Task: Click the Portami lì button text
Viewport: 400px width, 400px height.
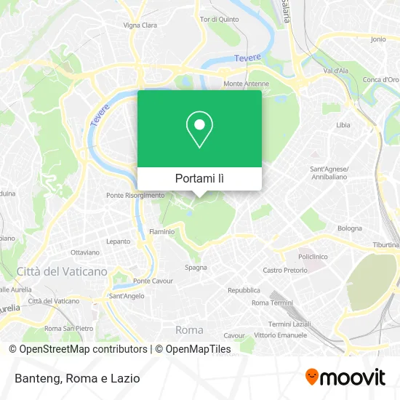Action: pos(199,178)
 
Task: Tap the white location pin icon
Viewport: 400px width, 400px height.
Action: pos(199,129)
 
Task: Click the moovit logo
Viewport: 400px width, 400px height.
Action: pos(345,377)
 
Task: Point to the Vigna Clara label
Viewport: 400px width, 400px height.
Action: pos(140,25)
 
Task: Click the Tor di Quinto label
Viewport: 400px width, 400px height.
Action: pos(218,18)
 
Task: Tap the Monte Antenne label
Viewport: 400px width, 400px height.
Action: pos(246,84)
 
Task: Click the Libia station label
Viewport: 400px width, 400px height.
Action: pos(343,125)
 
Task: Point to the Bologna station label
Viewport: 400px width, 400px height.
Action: pos(349,228)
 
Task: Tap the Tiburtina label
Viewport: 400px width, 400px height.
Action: pos(385,244)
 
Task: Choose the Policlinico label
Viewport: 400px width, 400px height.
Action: pos(313,257)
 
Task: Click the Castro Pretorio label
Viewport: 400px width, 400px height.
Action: pos(284,271)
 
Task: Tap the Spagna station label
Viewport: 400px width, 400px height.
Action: pos(196,267)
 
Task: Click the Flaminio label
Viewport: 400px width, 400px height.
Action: pos(161,232)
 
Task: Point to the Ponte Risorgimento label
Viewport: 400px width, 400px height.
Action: pos(135,196)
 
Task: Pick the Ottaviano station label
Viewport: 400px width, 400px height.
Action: pos(85,252)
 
